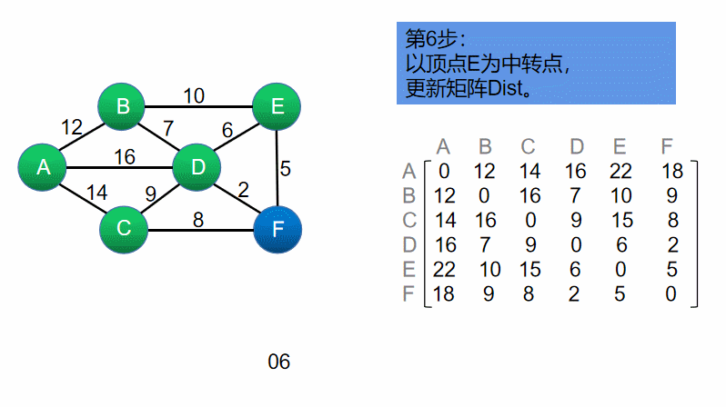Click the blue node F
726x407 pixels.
click(x=277, y=227)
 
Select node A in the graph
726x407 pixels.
click(x=42, y=167)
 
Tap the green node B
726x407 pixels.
click(x=123, y=106)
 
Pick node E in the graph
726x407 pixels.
click(x=277, y=106)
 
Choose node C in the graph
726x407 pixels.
click(x=124, y=227)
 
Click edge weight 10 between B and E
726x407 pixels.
click(x=193, y=95)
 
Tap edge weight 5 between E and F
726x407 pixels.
click(x=285, y=169)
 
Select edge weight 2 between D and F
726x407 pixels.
click(x=243, y=189)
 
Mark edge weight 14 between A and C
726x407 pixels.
click(x=95, y=193)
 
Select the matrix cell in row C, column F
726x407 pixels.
click(x=671, y=220)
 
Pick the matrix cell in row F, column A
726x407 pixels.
click(x=443, y=293)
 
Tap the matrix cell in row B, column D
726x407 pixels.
click(x=577, y=195)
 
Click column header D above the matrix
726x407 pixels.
click(x=577, y=146)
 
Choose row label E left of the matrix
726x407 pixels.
click(x=408, y=269)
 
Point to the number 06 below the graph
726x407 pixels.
click(x=278, y=362)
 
